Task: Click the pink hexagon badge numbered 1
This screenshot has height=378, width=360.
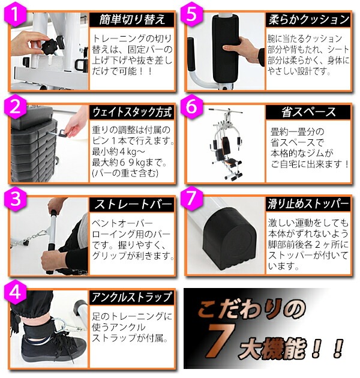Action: coord(15,14)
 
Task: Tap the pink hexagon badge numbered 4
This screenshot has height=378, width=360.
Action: coord(15,293)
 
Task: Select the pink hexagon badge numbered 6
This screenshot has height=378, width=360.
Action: coord(191,107)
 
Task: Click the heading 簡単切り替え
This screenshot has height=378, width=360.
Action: coord(132,19)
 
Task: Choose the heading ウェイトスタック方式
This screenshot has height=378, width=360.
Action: coord(132,112)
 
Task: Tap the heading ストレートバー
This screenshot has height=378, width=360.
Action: coord(132,205)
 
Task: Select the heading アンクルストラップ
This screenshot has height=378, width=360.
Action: coord(132,297)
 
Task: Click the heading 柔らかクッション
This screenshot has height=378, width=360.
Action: coord(308,19)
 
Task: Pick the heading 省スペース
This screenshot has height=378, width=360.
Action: coord(308,112)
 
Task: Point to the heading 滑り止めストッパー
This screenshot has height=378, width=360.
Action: coord(308,205)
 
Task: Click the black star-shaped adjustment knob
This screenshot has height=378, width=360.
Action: coord(49,45)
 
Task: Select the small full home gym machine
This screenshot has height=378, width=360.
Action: coord(226,144)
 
